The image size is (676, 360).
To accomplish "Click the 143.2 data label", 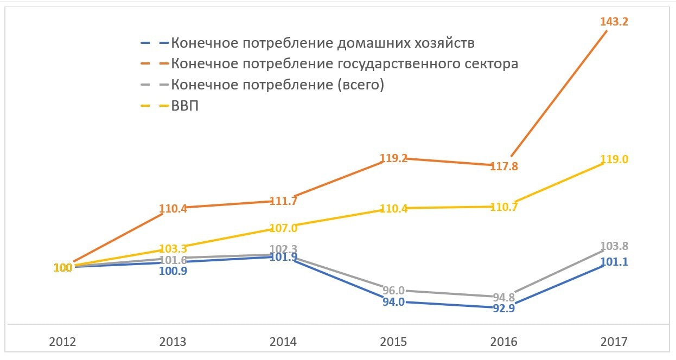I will point(614,22).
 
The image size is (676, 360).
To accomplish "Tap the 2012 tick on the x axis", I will point(63,342).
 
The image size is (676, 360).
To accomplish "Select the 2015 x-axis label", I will point(394,342).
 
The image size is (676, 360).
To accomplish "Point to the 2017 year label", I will point(614,342).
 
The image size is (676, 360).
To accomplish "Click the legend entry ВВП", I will point(184,105).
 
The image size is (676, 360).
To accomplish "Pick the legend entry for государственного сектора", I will point(345,64).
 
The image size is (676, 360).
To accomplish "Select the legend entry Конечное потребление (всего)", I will point(277,85).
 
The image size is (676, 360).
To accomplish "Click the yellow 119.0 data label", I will point(614,159).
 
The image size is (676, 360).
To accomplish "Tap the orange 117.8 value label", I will point(504,167).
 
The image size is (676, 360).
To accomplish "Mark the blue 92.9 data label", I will point(504,308).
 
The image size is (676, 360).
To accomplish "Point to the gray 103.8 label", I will point(614,246).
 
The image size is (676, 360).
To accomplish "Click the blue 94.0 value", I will point(394,302).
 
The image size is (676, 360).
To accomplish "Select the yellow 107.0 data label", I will point(284,228).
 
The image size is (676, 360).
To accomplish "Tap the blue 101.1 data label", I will point(614,262).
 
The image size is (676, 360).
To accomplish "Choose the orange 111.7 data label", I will point(284,201).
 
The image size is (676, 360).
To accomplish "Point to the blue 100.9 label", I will point(173,270).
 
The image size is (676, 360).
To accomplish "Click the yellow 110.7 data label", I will point(504,207).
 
